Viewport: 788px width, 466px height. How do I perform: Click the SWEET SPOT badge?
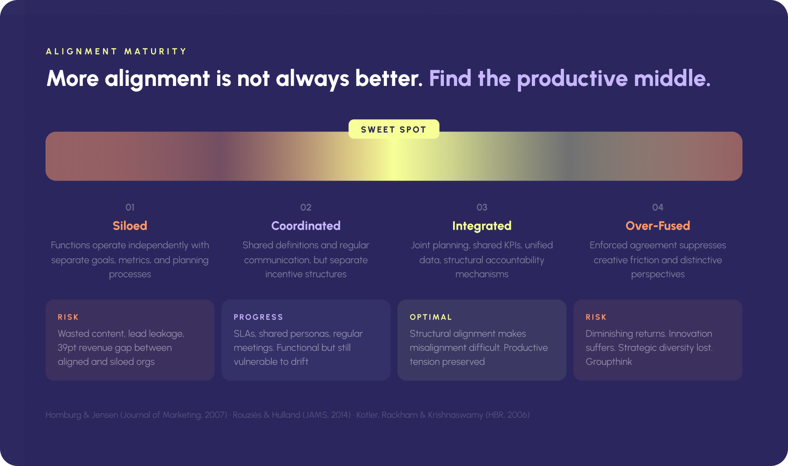(x=394, y=129)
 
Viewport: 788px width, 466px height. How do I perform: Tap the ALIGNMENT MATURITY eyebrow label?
(x=116, y=51)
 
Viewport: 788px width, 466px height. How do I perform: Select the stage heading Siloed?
(x=130, y=226)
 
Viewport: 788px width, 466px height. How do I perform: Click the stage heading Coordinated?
(x=306, y=226)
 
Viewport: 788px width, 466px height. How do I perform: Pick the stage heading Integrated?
(x=482, y=226)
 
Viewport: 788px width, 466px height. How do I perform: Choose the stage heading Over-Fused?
(x=658, y=226)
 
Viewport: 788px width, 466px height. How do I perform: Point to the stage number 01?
(x=130, y=207)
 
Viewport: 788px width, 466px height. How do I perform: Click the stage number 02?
(x=306, y=207)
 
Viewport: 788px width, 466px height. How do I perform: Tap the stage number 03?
(x=482, y=207)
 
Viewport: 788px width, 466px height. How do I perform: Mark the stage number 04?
(x=658, y=207)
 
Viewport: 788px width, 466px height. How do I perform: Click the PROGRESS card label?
(x=258, y=317)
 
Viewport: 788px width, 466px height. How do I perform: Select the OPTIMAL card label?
(x=431, y=317)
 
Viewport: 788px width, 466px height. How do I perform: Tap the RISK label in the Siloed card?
(x=68, y=317)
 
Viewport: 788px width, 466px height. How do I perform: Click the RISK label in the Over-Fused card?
(x=596, y=317)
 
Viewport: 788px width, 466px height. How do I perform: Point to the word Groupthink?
(x=609, y=362)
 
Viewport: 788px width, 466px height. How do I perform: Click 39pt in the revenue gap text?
(x=67, y=348)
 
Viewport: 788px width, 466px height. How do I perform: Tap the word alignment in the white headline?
(x=157, y=78)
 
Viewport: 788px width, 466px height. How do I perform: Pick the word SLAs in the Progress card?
(x=244, y=334)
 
